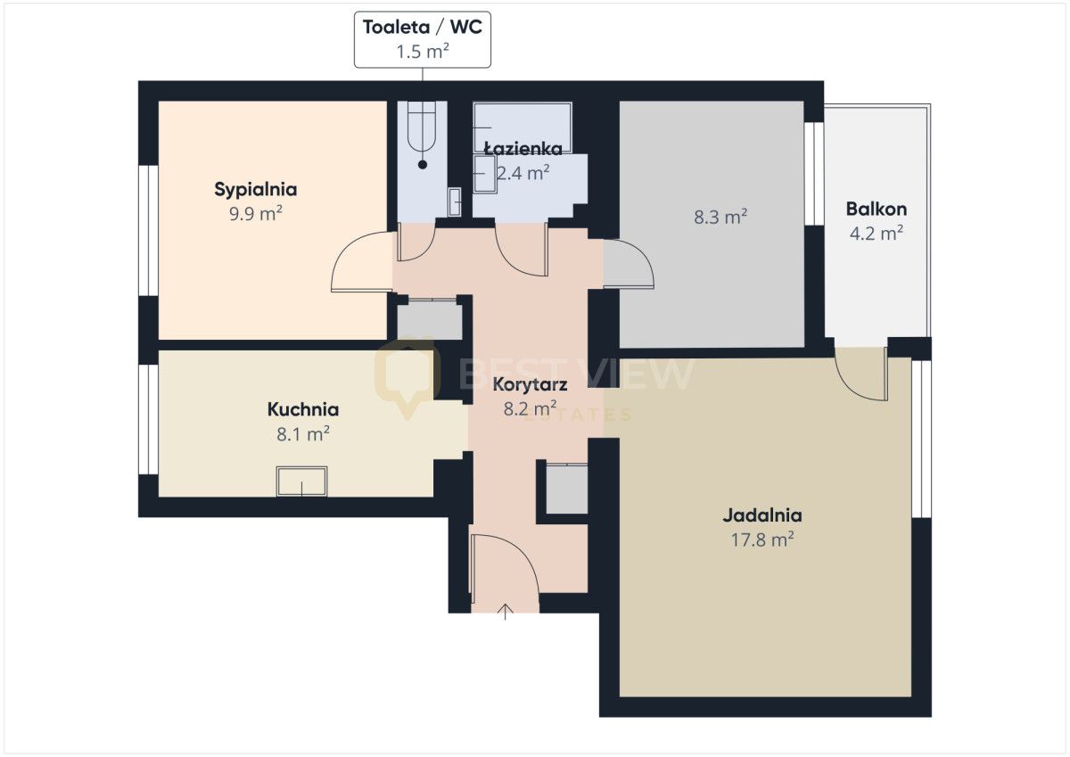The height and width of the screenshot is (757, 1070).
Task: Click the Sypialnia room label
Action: click(x=256, y=190)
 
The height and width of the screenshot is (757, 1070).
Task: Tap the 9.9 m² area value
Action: click(x=256, y=214)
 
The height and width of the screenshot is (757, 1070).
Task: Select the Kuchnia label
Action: click(x=303, y=409)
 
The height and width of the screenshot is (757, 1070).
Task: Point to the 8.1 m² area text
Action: click(x=303, y=434)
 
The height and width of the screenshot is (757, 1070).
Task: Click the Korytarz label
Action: click(x=530, y=385)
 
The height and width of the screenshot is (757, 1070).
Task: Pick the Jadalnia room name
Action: click(x=761, y=515)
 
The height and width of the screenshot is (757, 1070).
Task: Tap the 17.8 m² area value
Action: click(x=761, y=540)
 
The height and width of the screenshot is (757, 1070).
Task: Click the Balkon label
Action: click(x=876, y=209)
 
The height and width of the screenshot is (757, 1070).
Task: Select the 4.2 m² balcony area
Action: click(x=876, y=234)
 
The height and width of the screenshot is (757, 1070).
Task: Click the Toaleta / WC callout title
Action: click(x=423, y=28)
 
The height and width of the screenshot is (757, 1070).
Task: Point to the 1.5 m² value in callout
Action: click(x=423, y=51)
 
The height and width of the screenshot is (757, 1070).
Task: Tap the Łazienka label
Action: click(x=523, y=149)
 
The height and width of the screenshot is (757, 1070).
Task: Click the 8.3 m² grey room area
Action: click(x=720, y=218)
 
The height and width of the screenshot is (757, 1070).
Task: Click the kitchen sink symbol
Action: click(x=302, y=481)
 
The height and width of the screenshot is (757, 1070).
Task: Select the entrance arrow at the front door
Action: click(x=506, y=612)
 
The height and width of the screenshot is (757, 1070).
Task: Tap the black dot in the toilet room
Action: click(x=423, y=165)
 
